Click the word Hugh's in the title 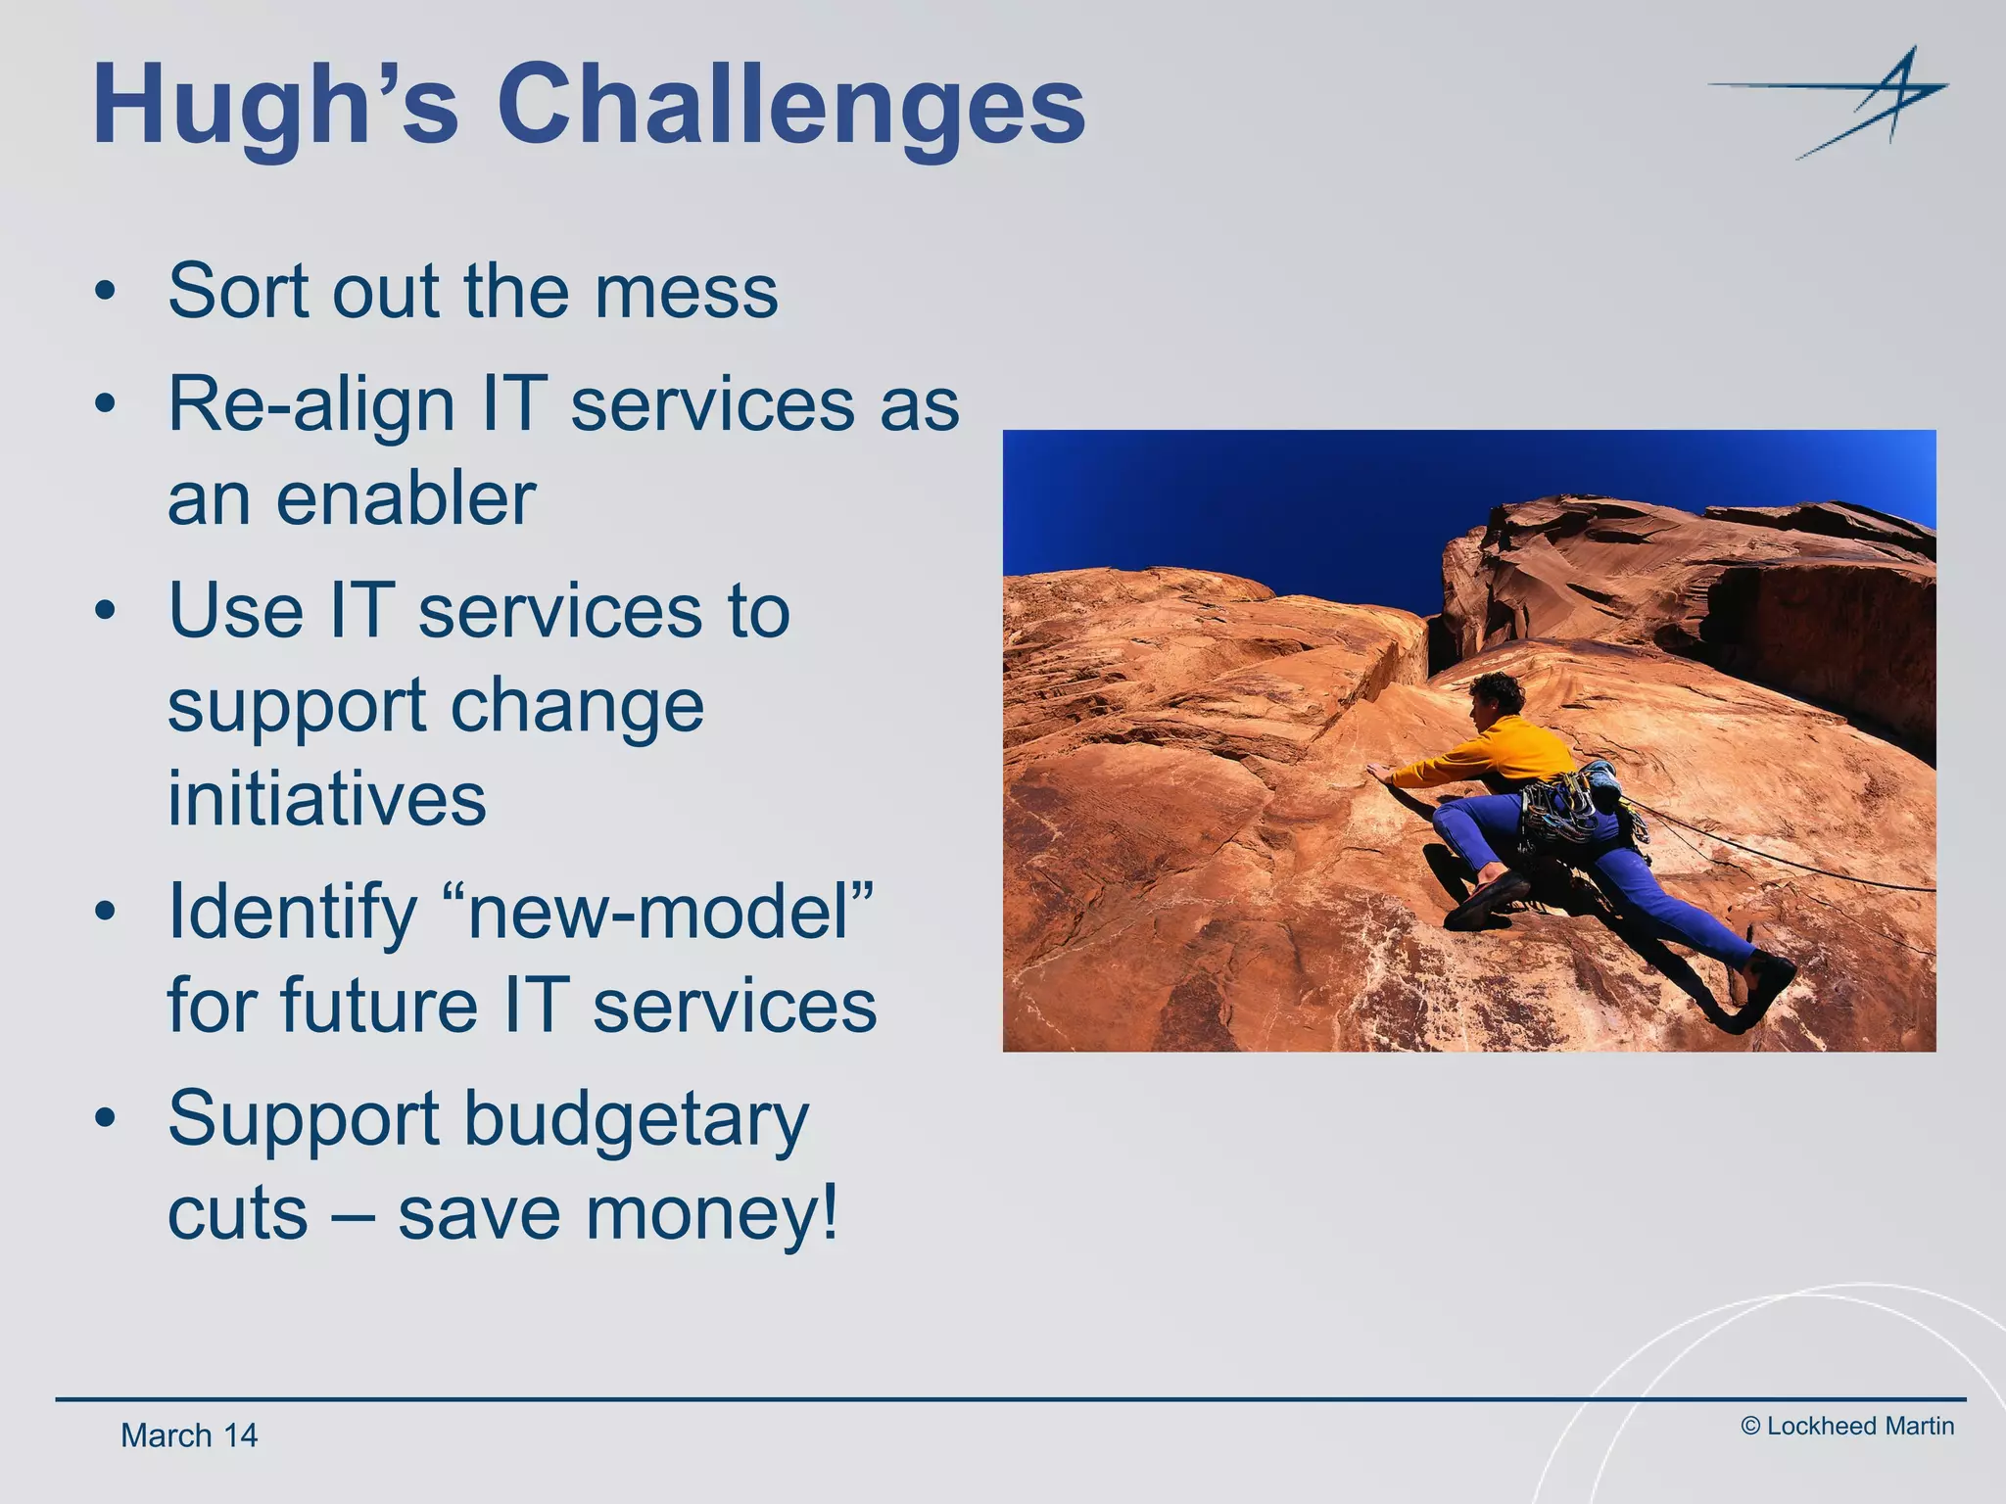(274, 106)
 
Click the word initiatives (326, 799)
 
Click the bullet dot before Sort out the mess (106, 292)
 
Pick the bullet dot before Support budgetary (106, 1118)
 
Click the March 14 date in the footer (188, 1435)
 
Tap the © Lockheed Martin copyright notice (1847, 1427)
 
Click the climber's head (1496, 695)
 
